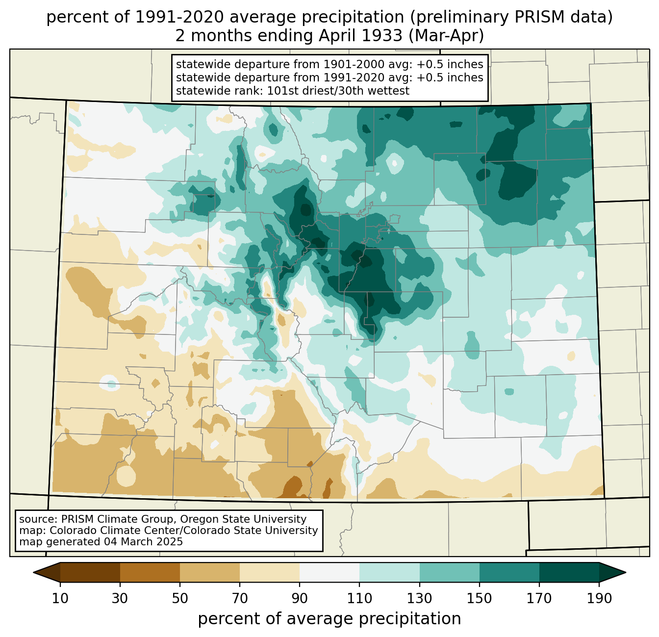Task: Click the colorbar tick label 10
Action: [60, 598]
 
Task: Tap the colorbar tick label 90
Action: [300, 598]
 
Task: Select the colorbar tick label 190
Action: [599, 598]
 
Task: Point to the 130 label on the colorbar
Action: [419, 598]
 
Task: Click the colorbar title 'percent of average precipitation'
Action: [329, 619]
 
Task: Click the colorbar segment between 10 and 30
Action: [90, 572]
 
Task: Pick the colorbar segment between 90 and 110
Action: [329, 572]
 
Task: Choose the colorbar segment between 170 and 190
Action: [569, 572]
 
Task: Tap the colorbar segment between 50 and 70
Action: [210, 572]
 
